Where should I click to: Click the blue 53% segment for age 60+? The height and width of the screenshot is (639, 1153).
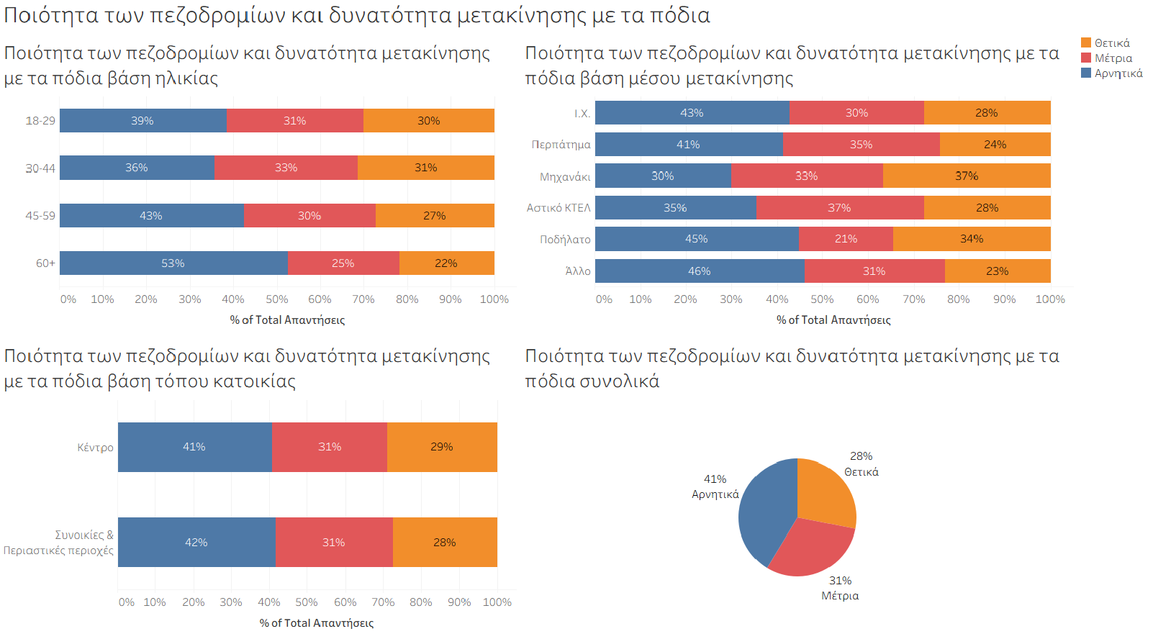tap(173, 263)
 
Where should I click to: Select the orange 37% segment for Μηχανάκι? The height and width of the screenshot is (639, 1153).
tap(967, 176)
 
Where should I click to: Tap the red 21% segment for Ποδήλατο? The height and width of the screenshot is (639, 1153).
tap(846, 239)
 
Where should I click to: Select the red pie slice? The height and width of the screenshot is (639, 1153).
tap(810, 550)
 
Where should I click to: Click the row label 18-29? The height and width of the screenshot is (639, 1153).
tap(40, 121)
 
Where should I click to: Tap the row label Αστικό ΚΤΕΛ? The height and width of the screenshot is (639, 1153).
tap(559, 208)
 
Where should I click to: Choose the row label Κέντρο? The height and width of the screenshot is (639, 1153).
tap(96, 448)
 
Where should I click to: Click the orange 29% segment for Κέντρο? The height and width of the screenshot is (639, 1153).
tap(442, 447)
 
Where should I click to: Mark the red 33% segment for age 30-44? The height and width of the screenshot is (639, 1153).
tap(286, 168)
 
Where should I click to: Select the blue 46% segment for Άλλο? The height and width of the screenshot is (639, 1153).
tap(699, 271)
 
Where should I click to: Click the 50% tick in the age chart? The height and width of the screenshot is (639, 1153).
tap(276, 299)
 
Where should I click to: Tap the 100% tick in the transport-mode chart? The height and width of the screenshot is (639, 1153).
tap(1049, 299)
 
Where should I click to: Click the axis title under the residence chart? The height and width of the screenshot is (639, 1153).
tap(317, 623)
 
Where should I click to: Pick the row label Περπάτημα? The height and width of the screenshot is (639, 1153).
tap(561, 145)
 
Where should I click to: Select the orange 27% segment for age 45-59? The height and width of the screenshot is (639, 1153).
tap(435, 216)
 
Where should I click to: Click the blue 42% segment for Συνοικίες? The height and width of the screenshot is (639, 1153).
tap(196, 543)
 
